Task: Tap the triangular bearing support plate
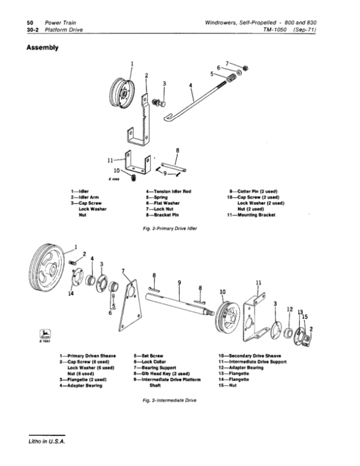pos(127,306)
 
